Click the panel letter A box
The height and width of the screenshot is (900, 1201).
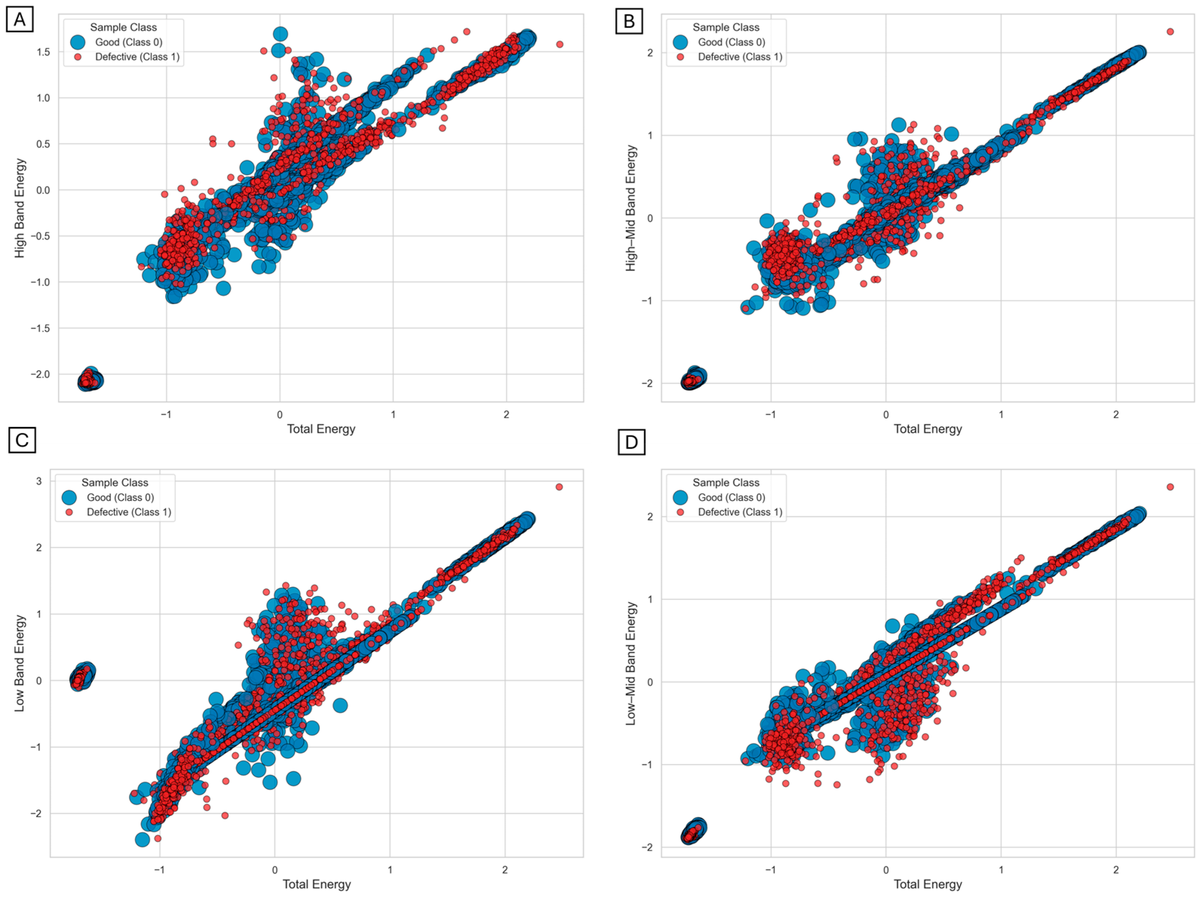point(20,20)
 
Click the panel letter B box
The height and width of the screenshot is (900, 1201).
point(629,21)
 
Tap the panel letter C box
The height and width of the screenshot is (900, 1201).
point(22,440)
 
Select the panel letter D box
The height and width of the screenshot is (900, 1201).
point(631,442)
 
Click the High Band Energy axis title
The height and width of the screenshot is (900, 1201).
point(20,208)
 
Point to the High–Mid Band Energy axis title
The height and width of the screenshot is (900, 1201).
point(630,208)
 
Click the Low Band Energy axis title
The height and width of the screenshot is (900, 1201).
point(20,663)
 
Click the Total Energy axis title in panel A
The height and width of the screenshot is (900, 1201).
point(321,429)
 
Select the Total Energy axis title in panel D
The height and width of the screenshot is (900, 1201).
point(928,884)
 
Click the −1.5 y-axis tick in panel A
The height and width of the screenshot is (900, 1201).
point(40,328)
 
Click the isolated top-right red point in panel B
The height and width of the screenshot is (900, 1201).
point(1170,32)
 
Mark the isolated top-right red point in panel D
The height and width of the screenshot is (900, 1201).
point(1170,487)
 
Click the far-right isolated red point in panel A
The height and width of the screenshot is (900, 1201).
point(560,44)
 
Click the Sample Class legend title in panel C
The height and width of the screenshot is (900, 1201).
point(115,482)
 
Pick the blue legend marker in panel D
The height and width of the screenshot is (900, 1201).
point(680,497)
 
